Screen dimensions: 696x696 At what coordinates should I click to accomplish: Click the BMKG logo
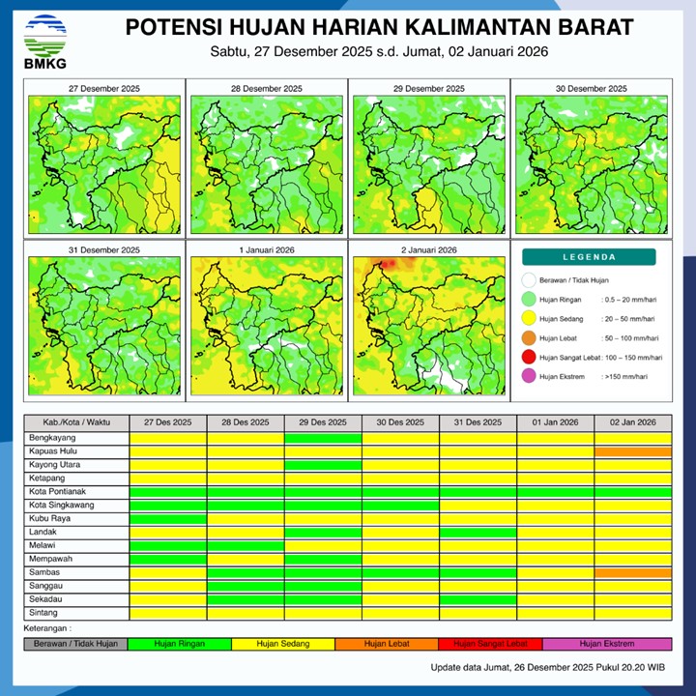tap(43, 40)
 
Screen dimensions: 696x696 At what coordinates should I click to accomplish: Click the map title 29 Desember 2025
tap(427, 88)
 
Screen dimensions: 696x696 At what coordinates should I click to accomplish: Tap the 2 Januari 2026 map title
tap(427, 249)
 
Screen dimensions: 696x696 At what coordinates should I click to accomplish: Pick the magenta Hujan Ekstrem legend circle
tap(529, 377)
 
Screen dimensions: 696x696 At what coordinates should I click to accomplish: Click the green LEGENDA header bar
tap(590, 257)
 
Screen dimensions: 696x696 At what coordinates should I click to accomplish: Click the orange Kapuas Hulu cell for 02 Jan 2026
tap(632, 451)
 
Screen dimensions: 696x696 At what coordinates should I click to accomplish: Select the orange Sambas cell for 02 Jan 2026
tap(632, 572)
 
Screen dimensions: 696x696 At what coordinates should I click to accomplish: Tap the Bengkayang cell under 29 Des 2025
tap(323, 438)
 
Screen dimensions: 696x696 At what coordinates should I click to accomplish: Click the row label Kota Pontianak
tap(57, 492)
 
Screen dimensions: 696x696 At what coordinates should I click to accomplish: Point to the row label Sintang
tap(43, 613)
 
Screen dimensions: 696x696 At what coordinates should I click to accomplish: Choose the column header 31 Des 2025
tap(478, 423)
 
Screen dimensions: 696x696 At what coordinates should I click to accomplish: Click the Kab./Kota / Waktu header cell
tap(76, 423)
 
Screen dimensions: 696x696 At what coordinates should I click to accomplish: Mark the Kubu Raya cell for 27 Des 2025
tap(168, 519)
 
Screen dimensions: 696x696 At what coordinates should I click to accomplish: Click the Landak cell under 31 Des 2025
tap(478, 533)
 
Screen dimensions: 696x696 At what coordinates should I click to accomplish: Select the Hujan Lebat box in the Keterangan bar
tap(387, 644)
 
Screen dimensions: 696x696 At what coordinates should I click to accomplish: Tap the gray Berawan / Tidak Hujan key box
tap(76, 644)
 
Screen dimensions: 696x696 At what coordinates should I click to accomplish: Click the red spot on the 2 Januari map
tap(391, 263)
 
